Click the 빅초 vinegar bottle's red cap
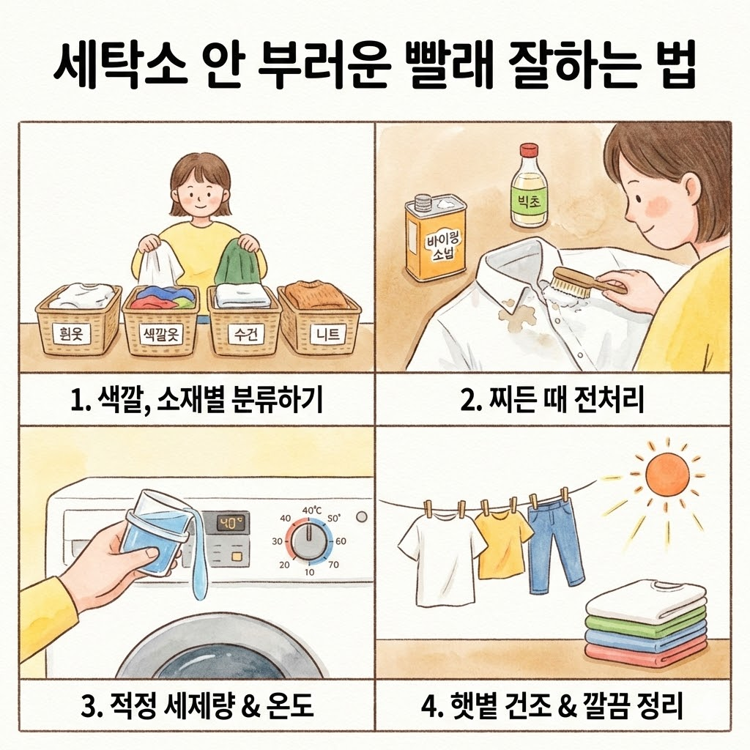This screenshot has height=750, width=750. (x=529, y=151)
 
